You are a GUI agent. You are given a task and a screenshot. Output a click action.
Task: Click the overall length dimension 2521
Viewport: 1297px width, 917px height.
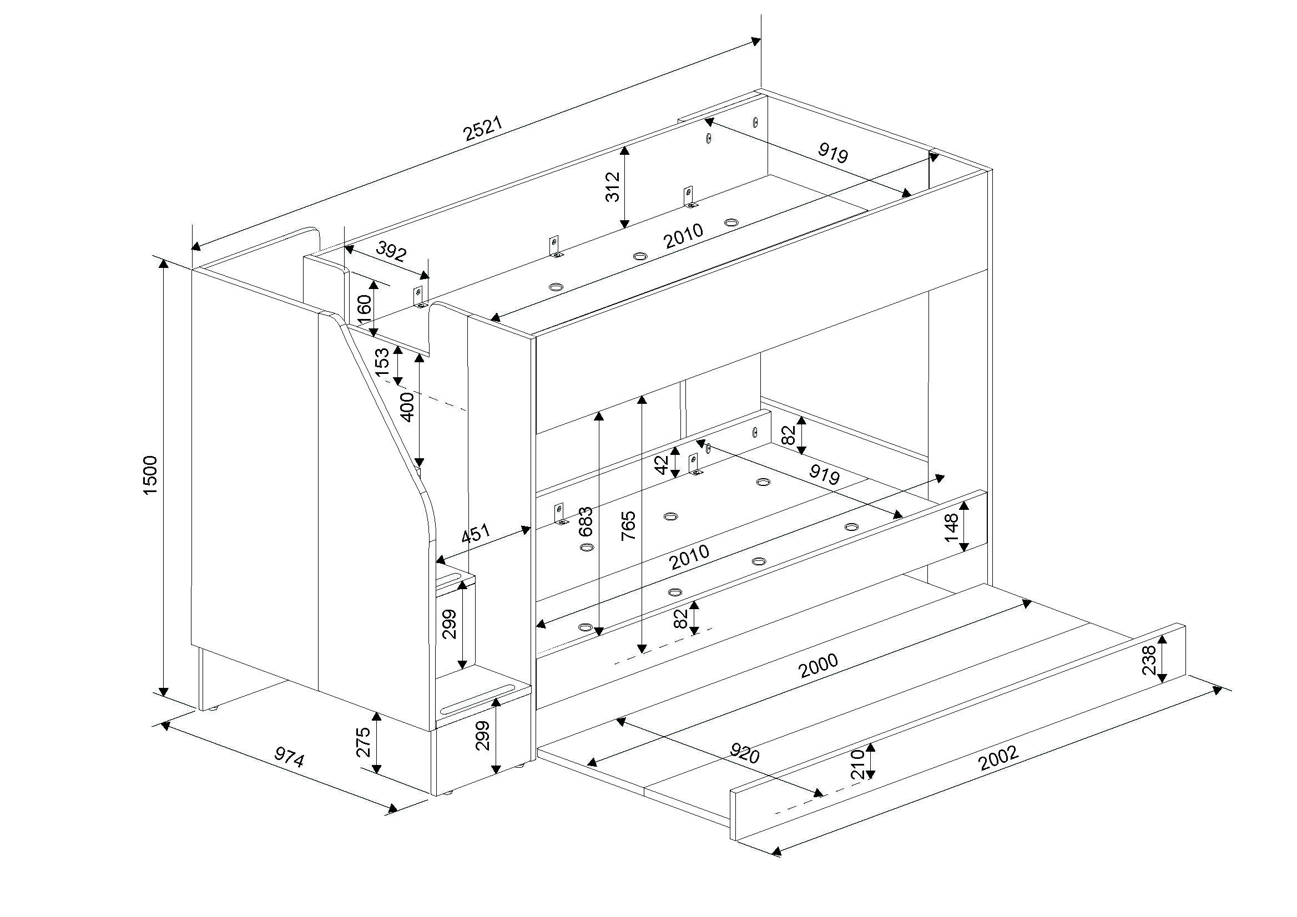(482, 129)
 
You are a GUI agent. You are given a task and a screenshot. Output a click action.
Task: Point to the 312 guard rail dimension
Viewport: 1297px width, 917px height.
(612, 187)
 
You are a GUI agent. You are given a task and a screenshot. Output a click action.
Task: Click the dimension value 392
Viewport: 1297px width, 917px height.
(391, 251)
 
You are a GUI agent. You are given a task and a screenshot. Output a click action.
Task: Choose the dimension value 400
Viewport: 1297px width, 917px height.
(407, 407)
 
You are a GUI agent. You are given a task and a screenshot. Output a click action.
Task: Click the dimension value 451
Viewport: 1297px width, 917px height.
(476, 533)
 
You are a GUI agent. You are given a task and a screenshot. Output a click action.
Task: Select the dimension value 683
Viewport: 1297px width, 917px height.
(587, 521)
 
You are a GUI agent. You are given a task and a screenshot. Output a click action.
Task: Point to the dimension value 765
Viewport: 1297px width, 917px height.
(628, 526)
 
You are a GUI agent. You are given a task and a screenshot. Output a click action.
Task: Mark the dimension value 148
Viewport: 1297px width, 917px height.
(951, 527)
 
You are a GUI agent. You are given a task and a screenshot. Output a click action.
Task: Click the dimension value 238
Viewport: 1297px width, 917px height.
(1149, 660)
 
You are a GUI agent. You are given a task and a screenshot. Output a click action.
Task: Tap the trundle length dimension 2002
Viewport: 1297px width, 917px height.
(999, 758)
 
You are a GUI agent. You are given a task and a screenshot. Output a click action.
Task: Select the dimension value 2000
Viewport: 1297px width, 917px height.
(819, 665)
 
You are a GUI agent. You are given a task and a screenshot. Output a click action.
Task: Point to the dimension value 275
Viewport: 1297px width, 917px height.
(363, 742)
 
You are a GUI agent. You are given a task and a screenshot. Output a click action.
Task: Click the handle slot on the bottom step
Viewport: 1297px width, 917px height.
(478, 700)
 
